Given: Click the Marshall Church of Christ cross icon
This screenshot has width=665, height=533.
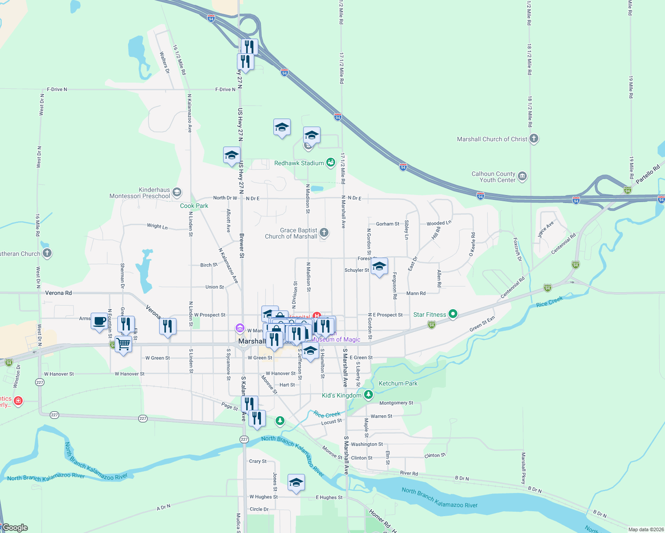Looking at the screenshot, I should (x=534, y=139).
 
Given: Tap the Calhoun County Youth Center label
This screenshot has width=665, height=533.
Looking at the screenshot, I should (x=493, y=177).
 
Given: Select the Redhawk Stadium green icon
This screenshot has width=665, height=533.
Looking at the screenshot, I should (x=330, y=163).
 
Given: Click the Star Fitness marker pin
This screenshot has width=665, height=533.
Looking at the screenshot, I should (x=453, y=314).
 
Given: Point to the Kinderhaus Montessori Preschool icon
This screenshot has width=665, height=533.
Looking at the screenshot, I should (x=177, y=192).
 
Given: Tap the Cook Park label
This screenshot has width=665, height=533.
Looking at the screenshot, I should (x=194, y=206).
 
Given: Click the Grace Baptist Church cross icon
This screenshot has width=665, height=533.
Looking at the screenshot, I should (x=324, y=232).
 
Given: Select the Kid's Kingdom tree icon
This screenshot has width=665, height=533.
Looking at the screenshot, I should (x=368, y=395).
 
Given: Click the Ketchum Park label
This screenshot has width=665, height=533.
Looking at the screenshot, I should (x=398, y=383).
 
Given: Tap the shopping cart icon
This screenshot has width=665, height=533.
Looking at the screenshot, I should (x=123, y=344).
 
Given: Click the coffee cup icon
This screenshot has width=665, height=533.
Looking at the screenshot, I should (x=100, y=320).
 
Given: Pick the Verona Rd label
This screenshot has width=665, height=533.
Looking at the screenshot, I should (x=58, y=293).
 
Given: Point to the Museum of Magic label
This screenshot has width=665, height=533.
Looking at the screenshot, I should (x=335, y=339).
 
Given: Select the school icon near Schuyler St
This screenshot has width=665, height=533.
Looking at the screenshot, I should (x=379, y=267).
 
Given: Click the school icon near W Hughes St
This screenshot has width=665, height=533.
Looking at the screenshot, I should (x=296, y=483).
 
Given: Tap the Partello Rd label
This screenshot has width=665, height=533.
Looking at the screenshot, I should (x=648, y=175).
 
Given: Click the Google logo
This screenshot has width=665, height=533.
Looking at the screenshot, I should (x=15, y=528).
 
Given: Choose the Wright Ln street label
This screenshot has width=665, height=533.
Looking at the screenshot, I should (x=157, y=226).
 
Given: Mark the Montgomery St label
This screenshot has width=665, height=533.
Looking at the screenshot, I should (x=396, y=403).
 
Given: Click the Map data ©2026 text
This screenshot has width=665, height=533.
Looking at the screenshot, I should (x=645, y=529).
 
